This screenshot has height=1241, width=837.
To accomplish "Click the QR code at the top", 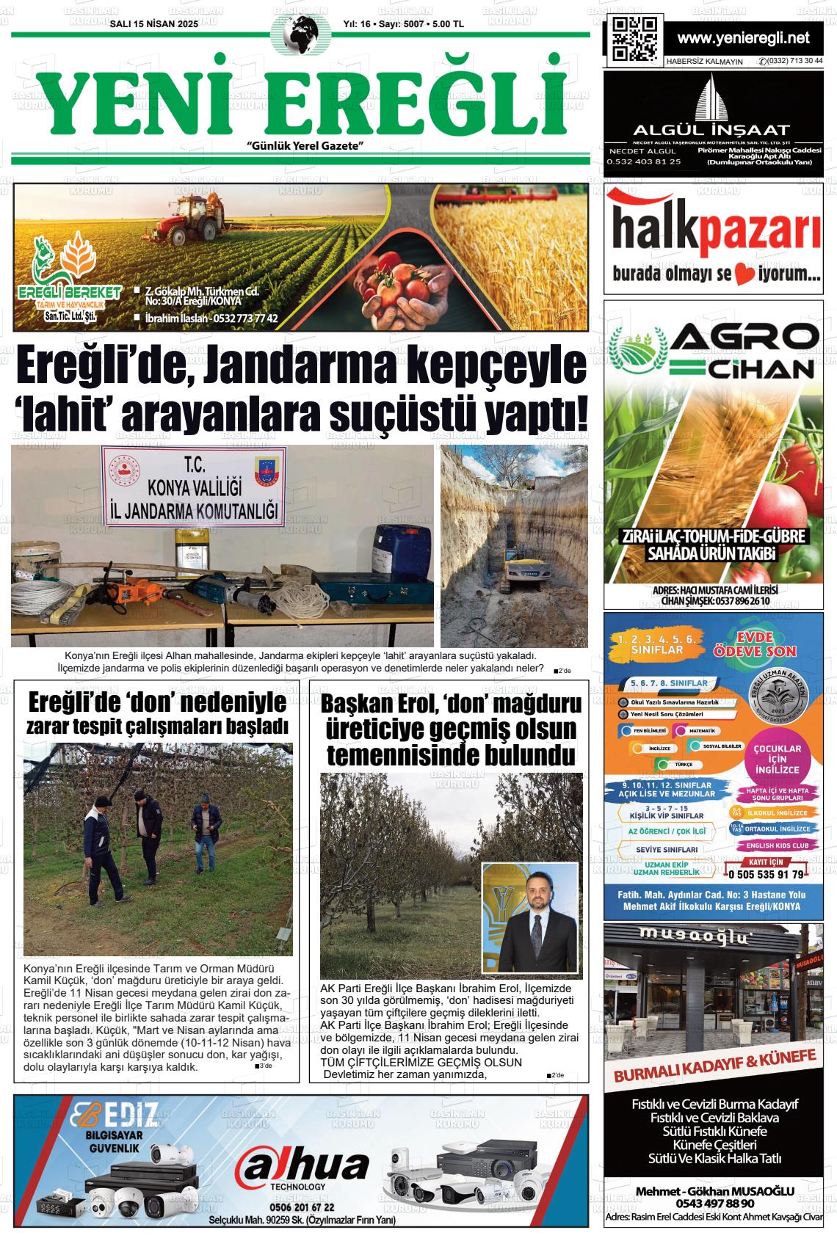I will (634, 38).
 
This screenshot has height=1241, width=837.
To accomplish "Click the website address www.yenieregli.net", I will (743, 37).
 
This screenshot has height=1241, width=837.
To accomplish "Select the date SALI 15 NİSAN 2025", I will (153, 23).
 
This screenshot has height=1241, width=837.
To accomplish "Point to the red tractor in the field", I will (181, 219).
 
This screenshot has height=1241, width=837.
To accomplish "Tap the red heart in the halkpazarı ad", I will (744, 276).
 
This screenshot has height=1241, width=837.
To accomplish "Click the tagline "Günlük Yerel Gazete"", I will (306, 146).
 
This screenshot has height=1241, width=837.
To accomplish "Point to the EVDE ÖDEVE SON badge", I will (753, 645).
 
